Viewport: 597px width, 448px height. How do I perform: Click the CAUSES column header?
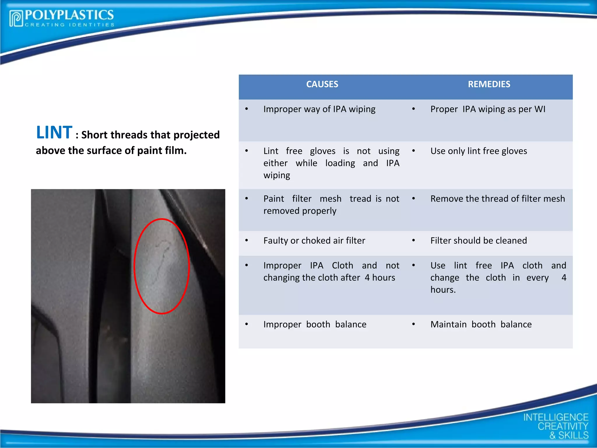pyautogui.click(x=322, y=84)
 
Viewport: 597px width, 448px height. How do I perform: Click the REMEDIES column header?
pyautogui.click(x=489, y=84)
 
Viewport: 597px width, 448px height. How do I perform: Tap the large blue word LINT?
pyautogui.click(x=54, y=132)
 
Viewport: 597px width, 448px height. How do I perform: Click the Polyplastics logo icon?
pyautogui.click(x=16, y=18)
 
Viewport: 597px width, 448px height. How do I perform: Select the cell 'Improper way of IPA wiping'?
pyautogui.click(x=319, y=109)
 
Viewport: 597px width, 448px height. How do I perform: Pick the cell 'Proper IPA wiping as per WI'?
pyautogui.click(x=488, y=109)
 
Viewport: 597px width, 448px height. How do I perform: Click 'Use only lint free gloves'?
pyautogui.click(x=479, y=151)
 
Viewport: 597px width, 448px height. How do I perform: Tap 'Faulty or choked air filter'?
pyautogui.click(x=314, y=241)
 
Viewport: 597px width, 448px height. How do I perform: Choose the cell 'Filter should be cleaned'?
pyautogui.click(x=479, y=241)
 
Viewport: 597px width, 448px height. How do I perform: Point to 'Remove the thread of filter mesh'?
pyautogui.click(x=498, y=199)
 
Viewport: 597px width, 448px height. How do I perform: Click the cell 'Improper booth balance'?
pyautogui.click(x=315, y=324)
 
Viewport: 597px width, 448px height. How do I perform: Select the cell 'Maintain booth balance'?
pyautogui.click(x=481, y=324)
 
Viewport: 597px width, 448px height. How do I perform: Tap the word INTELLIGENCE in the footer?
pyautogui.click(x=556, y=417)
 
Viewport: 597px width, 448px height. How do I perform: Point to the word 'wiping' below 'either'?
pyautogui.click(x=277, y=175)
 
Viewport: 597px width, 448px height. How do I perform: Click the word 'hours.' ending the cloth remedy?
pyautogui.click(x=443, y=290)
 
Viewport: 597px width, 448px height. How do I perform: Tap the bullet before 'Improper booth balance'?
pyautogui.click(x=247, y=324)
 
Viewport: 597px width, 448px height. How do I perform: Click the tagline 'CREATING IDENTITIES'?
pyautogui.click(x=70, y=25)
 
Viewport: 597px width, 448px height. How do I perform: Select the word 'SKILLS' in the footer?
pyautogui.click(x=573, y=435)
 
